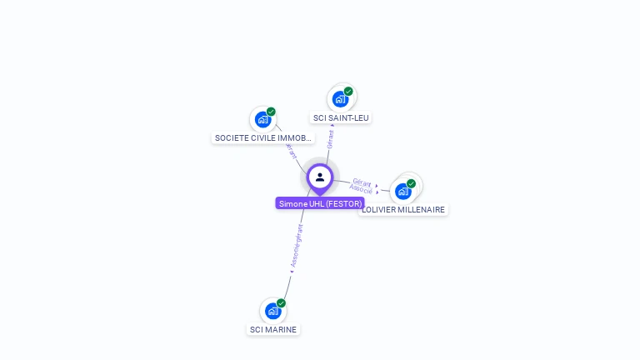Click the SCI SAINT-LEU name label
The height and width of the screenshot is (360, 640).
tap(340, 118)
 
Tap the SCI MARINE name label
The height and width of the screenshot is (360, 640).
tap(273, 329)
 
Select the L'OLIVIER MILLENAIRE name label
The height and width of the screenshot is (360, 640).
tap(404, 210)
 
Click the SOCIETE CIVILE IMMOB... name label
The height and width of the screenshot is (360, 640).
tap(263, 137)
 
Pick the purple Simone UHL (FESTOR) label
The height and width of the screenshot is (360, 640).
tap(320, 203)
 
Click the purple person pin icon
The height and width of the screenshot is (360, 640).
tap(320, 177)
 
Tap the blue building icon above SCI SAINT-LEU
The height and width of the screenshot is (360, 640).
tap(339, 99)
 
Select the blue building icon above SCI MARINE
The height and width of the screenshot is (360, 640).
tap(272, 311)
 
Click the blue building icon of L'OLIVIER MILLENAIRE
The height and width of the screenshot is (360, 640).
tap(403, 192)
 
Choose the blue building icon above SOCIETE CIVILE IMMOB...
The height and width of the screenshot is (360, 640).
tap(262, 119)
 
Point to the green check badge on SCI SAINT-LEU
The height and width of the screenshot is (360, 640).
tap(348, 92)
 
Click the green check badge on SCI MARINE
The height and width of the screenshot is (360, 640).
tap(281, 303)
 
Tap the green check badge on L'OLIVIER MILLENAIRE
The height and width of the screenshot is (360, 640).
tap(411, 183)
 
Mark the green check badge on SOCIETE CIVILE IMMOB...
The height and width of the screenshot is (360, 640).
tap(271, 112)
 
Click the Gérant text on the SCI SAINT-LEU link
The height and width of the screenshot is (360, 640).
tap(330, 138)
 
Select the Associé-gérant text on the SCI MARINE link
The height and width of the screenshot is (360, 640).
tap(297, 246)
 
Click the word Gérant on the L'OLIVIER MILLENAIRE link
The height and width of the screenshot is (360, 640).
tap(362, 182)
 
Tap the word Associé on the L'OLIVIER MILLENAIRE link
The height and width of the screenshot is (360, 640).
tap(361, 189)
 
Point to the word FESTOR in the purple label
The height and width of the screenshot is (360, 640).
tap(343, 203)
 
